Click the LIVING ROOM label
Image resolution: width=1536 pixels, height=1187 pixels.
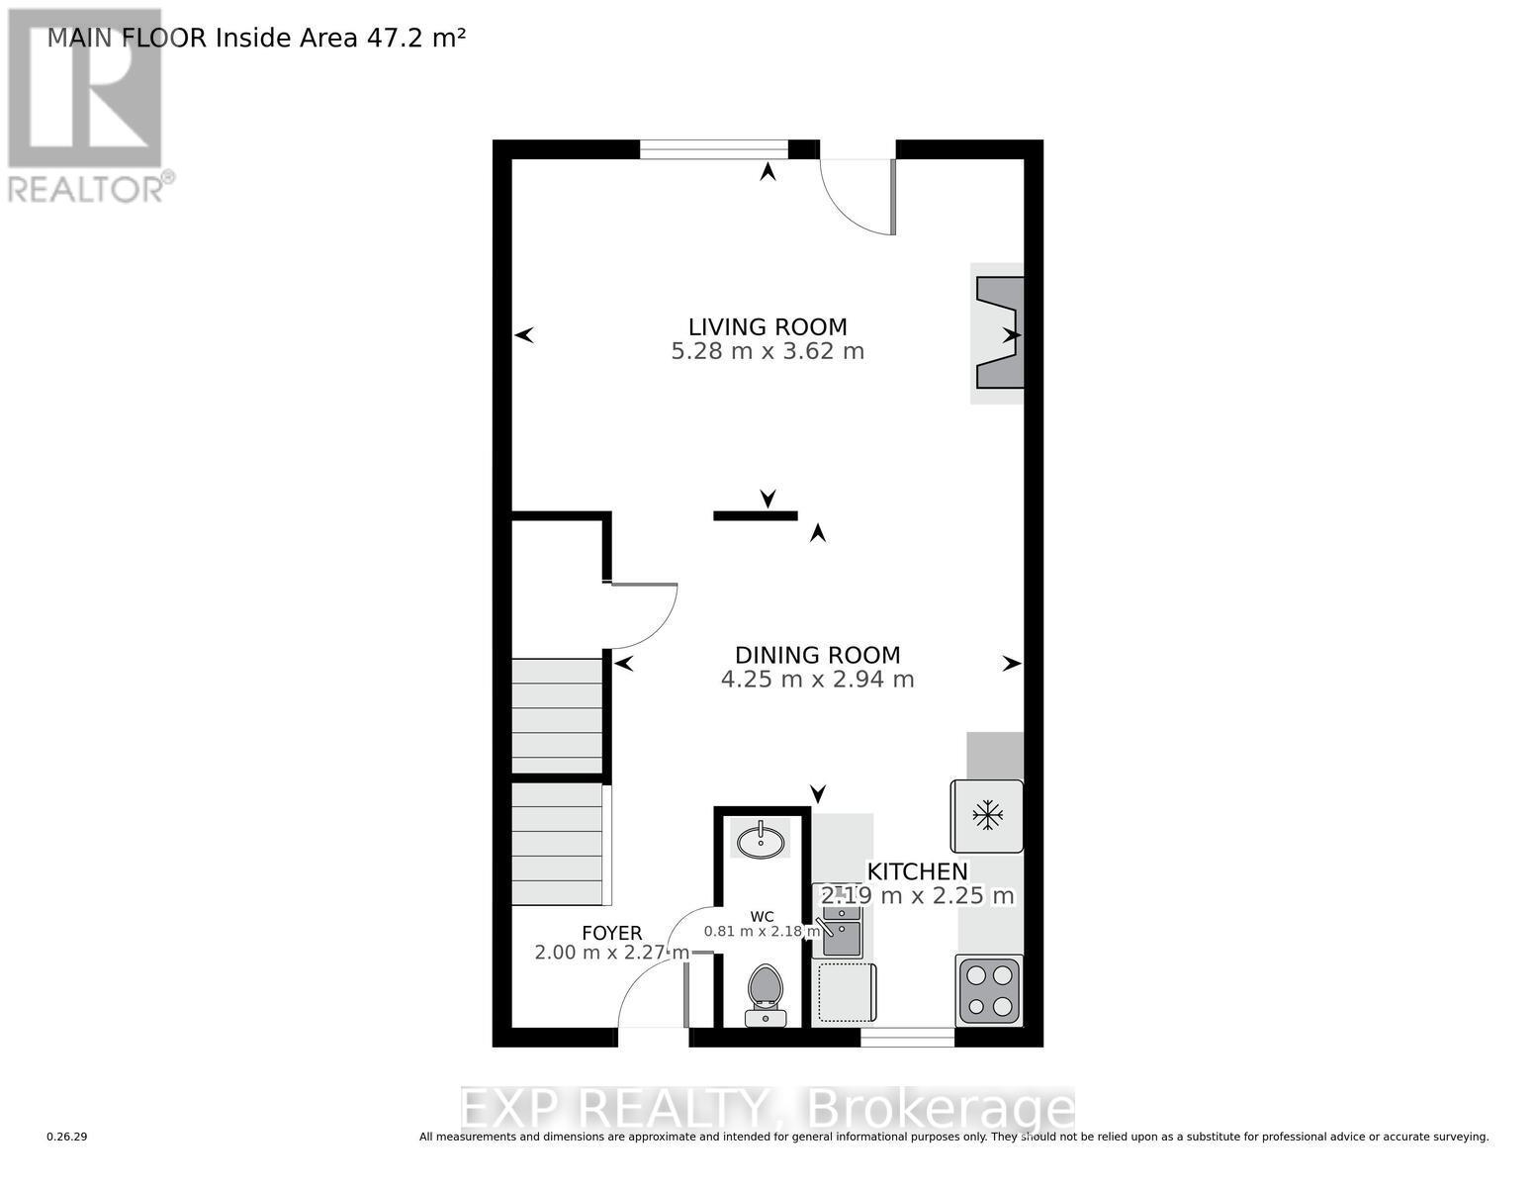(768, 326)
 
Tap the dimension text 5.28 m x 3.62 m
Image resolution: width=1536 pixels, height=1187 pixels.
(768, 351)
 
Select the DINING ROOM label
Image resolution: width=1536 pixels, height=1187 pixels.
(817, 655)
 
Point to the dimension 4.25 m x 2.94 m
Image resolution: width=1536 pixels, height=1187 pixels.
(817, 680)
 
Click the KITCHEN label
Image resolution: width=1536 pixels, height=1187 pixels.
(917, 871)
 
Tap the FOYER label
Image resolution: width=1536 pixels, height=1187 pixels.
(611, 933)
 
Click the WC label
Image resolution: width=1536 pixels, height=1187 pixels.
(762, 916)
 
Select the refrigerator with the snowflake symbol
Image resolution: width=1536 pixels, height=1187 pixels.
(986, 816)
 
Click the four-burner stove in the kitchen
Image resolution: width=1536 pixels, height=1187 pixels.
(988, 990)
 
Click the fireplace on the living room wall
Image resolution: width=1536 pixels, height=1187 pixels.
(1000, 333)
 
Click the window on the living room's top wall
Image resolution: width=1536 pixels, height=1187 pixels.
(713, 149)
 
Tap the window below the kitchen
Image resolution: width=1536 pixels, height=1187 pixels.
(907, 1038)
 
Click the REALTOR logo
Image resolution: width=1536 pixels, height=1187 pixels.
(85, 104)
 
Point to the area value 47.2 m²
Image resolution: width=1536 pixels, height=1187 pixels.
(415, 38)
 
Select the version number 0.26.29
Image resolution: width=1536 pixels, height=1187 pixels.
(67, 1138)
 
